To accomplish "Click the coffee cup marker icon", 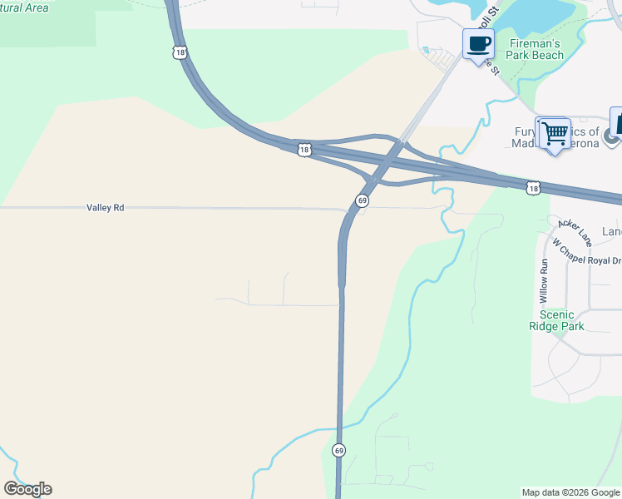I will click(478, 44).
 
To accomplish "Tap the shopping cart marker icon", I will click(554, 133).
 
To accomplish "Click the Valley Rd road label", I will click(106, 207).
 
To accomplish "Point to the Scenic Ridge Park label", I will click(556, 320).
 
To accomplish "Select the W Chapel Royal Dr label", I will click(587, 253).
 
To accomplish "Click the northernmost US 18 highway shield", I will click(180, 52).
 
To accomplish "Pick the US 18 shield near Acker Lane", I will click(533, 189).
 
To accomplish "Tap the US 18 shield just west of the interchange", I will click(304, 150).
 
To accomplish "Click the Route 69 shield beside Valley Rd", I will click(362, 200).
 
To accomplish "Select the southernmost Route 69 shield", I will click(338, 450).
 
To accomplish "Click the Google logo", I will click(27, 489).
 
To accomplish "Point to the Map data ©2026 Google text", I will click(570, 492).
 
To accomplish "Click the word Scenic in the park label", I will click(556, 314).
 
